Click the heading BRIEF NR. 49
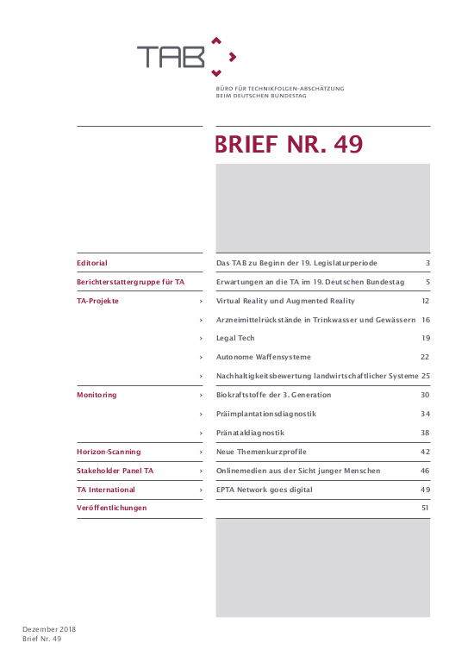(289, 145)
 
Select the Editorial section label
(92, 263)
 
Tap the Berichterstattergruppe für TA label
(129, 282)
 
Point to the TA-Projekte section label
(98, 301)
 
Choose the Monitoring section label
(97, 395)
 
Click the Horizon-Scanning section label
(109, 452)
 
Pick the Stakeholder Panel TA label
(115, 471)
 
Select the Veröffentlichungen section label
(112, 509)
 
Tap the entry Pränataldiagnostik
(250, 433)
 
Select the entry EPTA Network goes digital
(264, 490)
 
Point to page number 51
(425, 509)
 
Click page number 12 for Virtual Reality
(425, 301)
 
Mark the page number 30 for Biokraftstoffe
(425, 395)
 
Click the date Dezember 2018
(49, 629)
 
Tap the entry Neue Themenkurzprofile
(261, 452)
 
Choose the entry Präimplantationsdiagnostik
(265, 414)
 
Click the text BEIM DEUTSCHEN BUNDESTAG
(260, 96)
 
